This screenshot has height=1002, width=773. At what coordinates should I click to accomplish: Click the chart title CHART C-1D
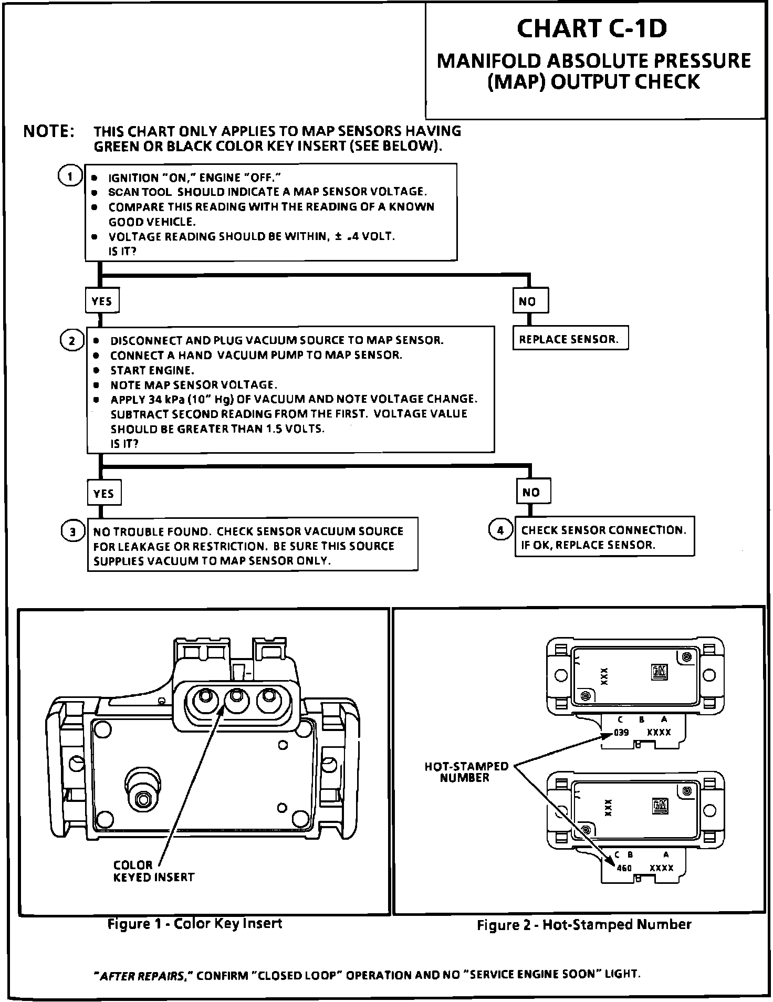pos(592,28)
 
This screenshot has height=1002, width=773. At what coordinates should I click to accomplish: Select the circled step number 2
pos(72,341)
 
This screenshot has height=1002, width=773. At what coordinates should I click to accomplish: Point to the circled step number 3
pos(73,532)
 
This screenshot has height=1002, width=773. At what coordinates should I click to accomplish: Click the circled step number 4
pos(500,530)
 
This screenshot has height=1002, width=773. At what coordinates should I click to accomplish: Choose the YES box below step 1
pos(102,301)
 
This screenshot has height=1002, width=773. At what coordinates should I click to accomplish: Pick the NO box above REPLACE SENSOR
pos(530,301)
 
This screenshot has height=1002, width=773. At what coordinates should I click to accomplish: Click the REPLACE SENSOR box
pos(570,339)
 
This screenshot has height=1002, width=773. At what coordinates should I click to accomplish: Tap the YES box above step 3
pos(103,493)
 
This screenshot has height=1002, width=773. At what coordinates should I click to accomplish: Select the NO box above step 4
pos(533,492)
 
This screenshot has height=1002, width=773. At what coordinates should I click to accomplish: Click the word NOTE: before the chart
pos(49,132)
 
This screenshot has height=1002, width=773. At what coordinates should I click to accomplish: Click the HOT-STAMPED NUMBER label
pos(466,772)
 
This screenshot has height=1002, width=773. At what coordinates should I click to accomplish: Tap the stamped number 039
pos(621,733)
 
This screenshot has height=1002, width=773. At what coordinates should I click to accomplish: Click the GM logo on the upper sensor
pos(659,672)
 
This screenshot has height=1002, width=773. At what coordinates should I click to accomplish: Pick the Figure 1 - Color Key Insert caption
pos(195,924)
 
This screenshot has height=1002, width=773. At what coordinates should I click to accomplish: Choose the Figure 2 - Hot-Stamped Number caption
pos(584,925)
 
